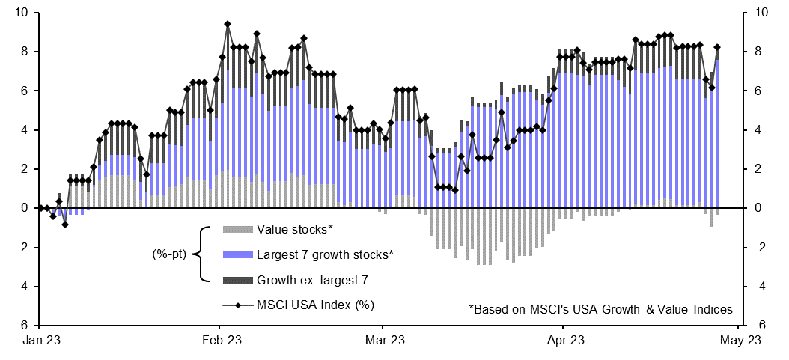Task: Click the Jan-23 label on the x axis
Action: [40, 341]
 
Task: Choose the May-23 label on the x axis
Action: [741, 341]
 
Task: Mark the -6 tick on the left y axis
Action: [24, 326]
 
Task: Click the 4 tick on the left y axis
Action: [25, 130]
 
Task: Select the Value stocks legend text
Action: [293, 229]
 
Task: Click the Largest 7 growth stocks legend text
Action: [325, 255]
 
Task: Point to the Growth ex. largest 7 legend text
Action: [313, 281]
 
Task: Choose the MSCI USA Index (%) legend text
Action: [315, 305]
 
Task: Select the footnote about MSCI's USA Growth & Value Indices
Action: [600, 308]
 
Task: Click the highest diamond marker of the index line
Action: [228, 24]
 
